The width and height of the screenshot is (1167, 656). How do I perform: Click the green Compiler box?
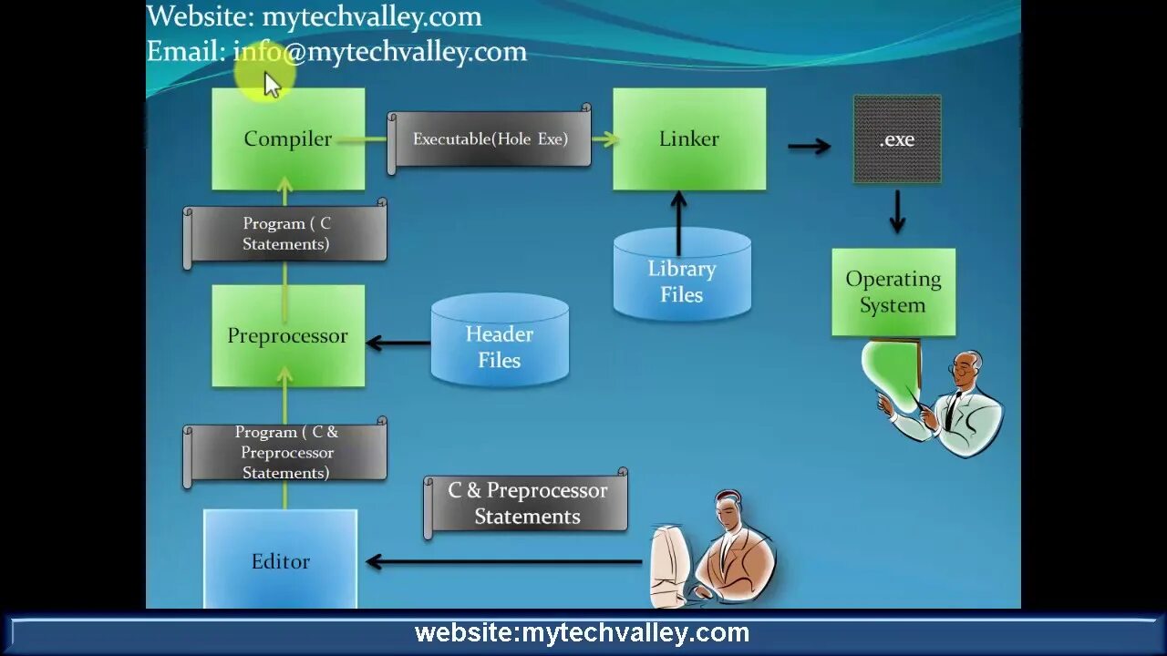click(288, 138)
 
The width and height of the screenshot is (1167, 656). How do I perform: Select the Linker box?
click(689, 138)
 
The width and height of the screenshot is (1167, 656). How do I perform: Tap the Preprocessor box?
click(288, 335)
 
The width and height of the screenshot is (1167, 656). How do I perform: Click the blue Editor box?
click(280, 559)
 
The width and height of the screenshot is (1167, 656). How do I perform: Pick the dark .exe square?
click(897, 139)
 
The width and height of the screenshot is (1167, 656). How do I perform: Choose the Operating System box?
click(893, 292)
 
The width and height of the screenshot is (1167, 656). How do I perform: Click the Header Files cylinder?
click(500, 341)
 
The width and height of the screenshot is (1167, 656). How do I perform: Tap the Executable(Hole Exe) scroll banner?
click(491, 139)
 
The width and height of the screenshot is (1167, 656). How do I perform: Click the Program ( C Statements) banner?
click(286, 234)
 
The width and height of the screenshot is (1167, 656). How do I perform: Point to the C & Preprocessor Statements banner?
click(527, 503)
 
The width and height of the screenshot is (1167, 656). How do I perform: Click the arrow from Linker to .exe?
click(809, 146)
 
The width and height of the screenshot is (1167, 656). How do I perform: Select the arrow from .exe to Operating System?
click(897, 211)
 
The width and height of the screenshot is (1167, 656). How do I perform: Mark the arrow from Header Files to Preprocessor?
click(398, 343)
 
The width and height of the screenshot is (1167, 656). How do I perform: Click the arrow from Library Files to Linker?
click(678, 223)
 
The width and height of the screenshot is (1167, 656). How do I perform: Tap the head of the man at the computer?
click(729, 510)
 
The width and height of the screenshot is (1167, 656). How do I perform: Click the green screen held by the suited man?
click(892, 369)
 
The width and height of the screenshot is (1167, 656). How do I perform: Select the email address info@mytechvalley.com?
click(380, 52)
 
